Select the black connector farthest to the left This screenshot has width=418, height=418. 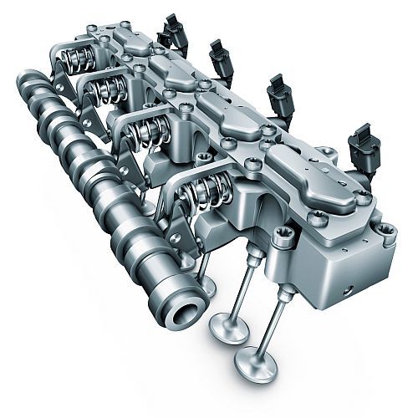coord(174,31)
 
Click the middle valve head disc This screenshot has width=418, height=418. coord(227,327)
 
